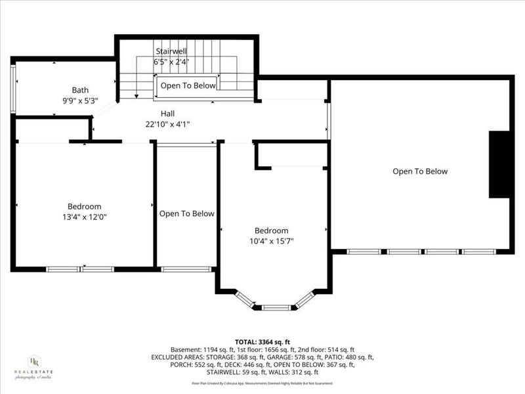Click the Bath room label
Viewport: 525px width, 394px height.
point(80,90)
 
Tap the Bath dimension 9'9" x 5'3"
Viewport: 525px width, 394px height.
point(80,101)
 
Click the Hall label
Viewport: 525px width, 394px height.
point(167,113)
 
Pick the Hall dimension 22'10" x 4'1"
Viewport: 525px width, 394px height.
point(167,124)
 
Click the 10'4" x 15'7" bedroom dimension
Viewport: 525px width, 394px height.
point(272,241)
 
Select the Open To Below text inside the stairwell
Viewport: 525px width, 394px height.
point(188,85)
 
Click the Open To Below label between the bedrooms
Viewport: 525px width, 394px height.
point(186,213)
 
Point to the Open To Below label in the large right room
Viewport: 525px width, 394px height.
point(420,171)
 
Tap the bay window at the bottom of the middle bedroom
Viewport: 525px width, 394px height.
point(276,306)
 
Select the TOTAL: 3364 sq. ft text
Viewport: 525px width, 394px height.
point(262,342)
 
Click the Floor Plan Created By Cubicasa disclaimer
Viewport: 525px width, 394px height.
point(262,383)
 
